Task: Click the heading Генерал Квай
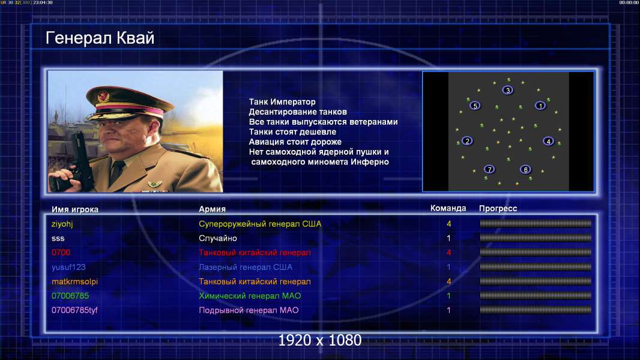[x=100, y=38]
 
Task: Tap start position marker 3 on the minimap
[x=507, y=90]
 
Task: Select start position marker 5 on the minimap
[x=475, y=106]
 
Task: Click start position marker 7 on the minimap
[x=489, y=169]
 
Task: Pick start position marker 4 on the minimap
[x=548, y=141]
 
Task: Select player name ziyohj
[x=62, y=224]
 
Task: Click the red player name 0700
[x=61, y=253]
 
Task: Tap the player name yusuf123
[x=68, y=267]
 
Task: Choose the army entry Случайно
[x=218, y=238]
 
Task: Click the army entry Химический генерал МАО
[x=250, y=296]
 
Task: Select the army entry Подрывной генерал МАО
[x=249, y=310]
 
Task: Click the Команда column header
[x=448, y=208]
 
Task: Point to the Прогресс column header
[x=498, y=209]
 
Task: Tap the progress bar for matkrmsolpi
[x=536, y=281]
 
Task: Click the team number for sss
[x=448, y=238]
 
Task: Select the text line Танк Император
[x=282, y=102]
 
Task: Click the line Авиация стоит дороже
[x=295, y=142]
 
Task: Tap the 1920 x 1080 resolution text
[x=320, y=340]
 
